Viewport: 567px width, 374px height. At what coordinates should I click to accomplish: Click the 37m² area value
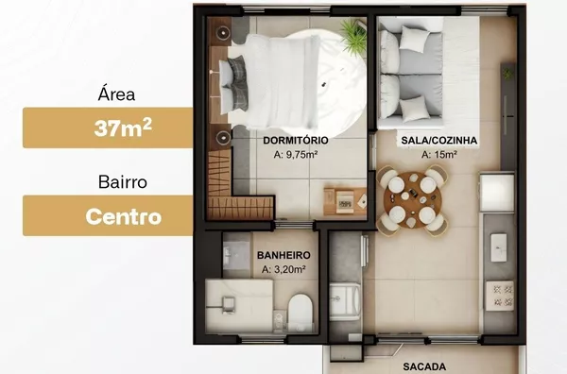pyautogui.click(x=123, y=127)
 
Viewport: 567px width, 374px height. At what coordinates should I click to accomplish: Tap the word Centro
pyautogui.click(x=123, y=217)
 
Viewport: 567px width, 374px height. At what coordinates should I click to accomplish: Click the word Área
pyautogui.click(x=116, y=93)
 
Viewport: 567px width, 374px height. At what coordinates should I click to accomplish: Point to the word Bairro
pyautogui.click(x=123, y=181)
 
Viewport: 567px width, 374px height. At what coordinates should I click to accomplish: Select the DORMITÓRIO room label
pyautogui.click(x=296, y=140)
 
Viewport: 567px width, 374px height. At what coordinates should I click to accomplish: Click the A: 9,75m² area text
pyautogui.click(x=296, y=155)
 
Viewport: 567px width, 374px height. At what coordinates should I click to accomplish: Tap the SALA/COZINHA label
pyautogui.click(x=439, y=140)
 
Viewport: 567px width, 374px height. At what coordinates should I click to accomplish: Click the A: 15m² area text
pyautogui.click(x=439, y=155)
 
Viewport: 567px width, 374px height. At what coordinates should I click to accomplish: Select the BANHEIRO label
pyautogui.click(x=283, y=255)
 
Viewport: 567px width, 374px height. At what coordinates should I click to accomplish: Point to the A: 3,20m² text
pyautogui.click(x=283, y=269)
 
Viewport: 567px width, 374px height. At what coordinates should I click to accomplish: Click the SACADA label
pyautogui.click(x=424, y=366)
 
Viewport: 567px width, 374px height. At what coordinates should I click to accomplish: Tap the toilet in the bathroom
pyautogui.click(x=301, y=312)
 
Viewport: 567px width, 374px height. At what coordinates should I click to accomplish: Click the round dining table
pyautogui.click(x=413, y=200)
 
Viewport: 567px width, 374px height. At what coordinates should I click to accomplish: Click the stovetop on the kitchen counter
pyautogui.click(x=500, y=296)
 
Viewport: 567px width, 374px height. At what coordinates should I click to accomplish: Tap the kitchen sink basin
pyautogui.click(x=498, y=247)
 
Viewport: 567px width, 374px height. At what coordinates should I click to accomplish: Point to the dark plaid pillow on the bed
pyautogui.click(x=237, y=83)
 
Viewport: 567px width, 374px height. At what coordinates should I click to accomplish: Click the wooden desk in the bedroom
pyautogui.click(x=345, y=201)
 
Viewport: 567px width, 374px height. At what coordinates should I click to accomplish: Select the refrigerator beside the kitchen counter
pyautogui.click(x=496, y=192)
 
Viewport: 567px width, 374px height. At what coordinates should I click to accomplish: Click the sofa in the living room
pyautogui.click(x=411, y=74)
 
